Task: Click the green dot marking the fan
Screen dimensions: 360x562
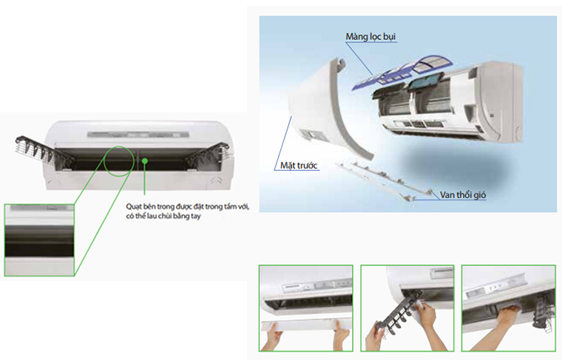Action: [146, 159]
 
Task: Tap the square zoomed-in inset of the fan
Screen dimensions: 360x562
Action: [39, 239]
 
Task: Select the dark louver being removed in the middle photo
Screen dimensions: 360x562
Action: [396, 313]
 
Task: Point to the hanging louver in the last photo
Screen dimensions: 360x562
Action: [544, 311]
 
